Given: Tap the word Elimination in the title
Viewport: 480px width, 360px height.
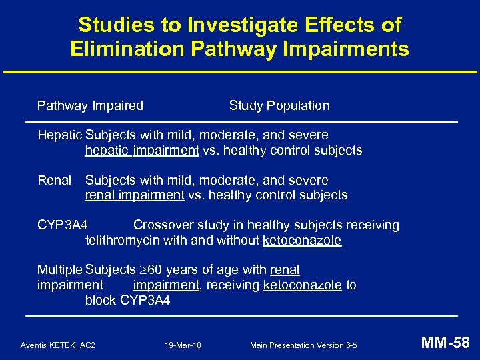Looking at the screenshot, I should point(127,49).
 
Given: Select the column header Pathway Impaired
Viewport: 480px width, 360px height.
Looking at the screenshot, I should point(90,105).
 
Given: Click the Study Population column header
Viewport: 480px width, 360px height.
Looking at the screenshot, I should point(279,105).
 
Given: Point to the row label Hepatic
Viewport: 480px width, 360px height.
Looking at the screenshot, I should point(59,135).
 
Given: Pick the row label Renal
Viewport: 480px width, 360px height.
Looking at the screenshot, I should point(54,180).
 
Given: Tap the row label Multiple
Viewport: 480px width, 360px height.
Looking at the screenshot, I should point(59,270).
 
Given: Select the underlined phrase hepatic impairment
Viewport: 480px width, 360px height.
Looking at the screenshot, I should point(142,151).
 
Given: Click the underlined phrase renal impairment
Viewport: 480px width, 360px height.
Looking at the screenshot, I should point(135,195).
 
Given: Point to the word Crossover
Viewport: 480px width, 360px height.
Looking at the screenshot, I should point(164,225).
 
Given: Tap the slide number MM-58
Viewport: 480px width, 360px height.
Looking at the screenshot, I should point(446,343).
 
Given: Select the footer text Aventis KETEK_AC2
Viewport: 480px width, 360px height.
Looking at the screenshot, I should point(58,345).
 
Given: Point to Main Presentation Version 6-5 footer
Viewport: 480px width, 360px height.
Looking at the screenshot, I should point(303,345).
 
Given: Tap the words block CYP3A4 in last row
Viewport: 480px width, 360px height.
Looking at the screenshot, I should point(127,301).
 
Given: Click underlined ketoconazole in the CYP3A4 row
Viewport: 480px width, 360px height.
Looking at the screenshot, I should point(302,241).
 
